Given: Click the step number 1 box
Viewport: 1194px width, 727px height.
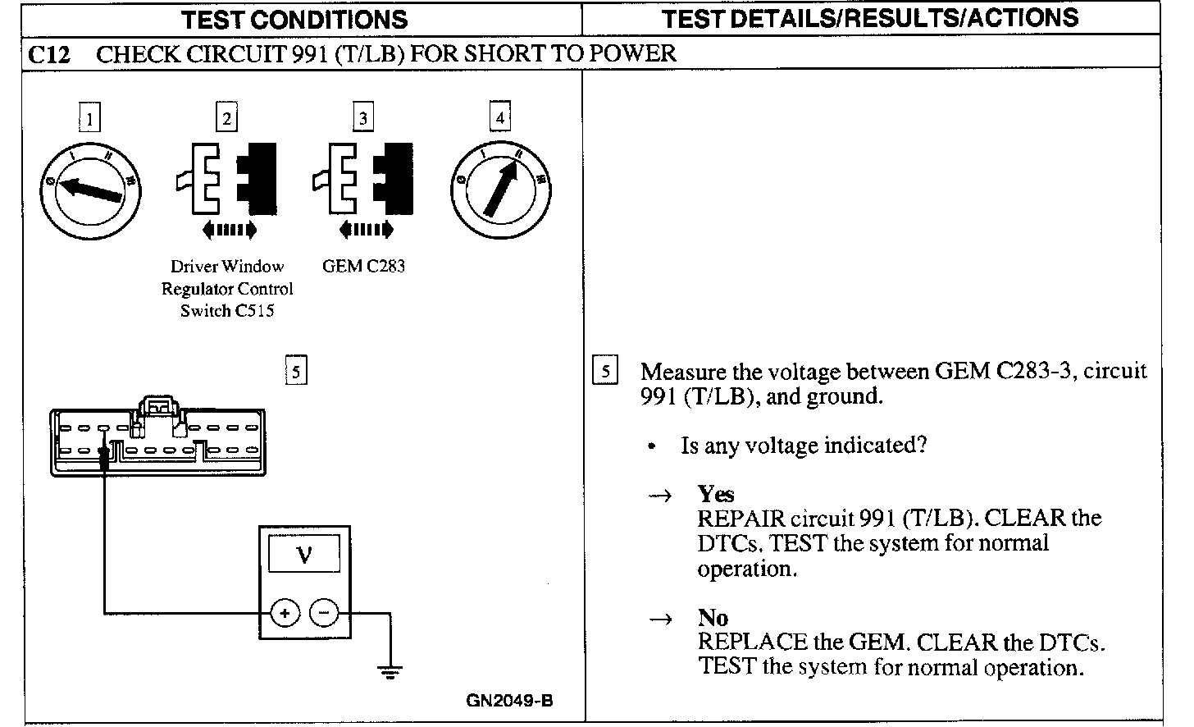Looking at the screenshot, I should pyautogui.click(x=89, y=118).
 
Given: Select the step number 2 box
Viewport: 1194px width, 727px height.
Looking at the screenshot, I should pyautogui.click(x=226, y=118).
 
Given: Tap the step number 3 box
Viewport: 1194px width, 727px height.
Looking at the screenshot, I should pyautogui.click(x=363, y=118).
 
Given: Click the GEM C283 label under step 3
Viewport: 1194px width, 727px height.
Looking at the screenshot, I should pyautogui.click(x=363, y=266).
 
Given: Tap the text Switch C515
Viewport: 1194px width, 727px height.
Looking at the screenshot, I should pyautogui.click(x=227, y=311).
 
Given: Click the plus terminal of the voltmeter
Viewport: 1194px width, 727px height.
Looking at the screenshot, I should pyautogui.click(x=285, y=612).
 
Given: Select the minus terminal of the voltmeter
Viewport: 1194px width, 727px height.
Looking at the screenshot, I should pyautogui.click(x=325, y=612).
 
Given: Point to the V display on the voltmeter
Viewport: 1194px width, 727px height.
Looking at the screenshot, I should pyautogui.click(x=304, y=555).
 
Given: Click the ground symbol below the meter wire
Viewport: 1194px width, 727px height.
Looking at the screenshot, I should pyautogui.click(x=390, y=672).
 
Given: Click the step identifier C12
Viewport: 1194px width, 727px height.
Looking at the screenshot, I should pyautogui.click(x=48, y=54).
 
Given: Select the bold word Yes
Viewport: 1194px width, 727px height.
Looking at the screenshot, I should pyautogui.click(x=715, y=494).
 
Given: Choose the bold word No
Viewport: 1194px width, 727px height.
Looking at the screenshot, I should pyautogui.click(x=713, y=617).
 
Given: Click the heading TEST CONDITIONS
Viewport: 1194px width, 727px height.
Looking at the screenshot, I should pyautogui.click(x=294, y=20).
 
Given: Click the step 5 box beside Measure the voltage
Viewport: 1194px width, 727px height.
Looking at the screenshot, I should pyautogui.click(x=604, y=371).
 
